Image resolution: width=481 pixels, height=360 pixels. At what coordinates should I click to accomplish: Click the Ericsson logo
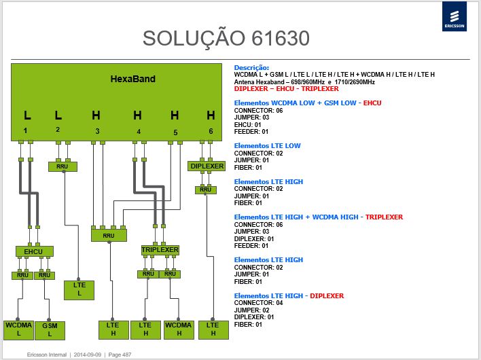pyautogui.click(x=455, y=16)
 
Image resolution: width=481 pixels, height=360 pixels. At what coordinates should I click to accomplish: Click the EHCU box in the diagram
pyautogui.click(x=35, y=251)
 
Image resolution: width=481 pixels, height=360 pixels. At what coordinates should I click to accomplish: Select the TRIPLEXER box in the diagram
pyautogui.click(x=160, y=250)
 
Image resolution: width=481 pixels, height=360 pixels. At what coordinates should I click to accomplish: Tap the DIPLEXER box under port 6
pyautogui.click(x=207, y=166)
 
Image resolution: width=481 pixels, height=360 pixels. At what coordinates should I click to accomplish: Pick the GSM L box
pyautogui.click(x=50, y=330)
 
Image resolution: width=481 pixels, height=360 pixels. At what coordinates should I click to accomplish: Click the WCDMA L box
pyautogui.click(x=19, y=330)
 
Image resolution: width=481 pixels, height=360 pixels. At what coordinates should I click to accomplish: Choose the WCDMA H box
pyautogui.click(x=179, y=329)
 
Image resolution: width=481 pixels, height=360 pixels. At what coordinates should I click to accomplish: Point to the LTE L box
pyautogui.click(x=79, y=290)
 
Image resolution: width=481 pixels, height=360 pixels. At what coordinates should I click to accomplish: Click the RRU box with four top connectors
pyautogui.click(x=109, y=236)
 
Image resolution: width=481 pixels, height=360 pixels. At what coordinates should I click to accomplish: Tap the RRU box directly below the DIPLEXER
pyautogui.click(x=206, y=190)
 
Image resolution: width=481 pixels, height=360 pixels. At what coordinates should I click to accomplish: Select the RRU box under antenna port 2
pyautogui.click(x=63, y=166)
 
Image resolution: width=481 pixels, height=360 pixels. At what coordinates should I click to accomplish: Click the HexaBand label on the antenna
pyautogui.click(x=133, y=79)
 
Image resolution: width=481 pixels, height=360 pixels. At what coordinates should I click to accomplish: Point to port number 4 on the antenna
pyautogui.click(x=139, y=132)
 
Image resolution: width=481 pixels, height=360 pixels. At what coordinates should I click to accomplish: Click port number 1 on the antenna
pyautogui.click(x=25, y=130)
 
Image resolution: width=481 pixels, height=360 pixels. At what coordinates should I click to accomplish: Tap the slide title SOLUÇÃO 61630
pyautogui.click(x=226, y=38)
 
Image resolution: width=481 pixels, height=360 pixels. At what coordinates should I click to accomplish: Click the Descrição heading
pyautogui.click(x=251, y=68)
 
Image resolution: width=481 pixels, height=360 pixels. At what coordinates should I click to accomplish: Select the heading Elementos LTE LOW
pyautogui.click(x=267, y=145)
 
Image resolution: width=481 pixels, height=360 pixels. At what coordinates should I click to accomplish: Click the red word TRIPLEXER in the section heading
pyautogui.click(x=384, y=217)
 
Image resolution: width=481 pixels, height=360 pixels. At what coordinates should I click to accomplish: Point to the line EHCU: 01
pyautogui.click(x=247, y=125)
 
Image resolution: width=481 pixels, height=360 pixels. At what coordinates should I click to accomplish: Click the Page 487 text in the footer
pyautogui.click(x=120, y=355)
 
